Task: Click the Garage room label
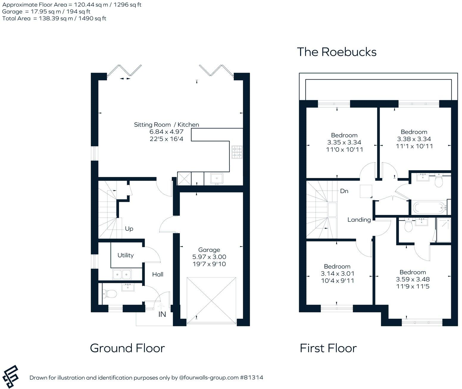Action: click(209, 250)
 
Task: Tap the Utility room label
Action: click(125, 255)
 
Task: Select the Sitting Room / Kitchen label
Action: click(166, 125)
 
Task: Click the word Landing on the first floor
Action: click(359, 220)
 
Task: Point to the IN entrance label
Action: click(162, 314)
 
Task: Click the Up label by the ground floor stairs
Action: click(129, 229)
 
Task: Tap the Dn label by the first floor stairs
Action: click(344, 191)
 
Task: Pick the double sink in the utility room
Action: click(122, 274)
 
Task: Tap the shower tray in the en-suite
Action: click(444, 230)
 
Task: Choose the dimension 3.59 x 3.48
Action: click(413, 279)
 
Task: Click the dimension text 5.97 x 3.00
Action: click(209, 257)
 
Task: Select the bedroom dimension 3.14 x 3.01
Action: click(337, 274)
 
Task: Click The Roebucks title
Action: click(337, 52)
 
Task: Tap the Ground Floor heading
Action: click(127, 348)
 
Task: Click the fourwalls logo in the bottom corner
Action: click(10, 377)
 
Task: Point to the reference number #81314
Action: click(252, 378)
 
